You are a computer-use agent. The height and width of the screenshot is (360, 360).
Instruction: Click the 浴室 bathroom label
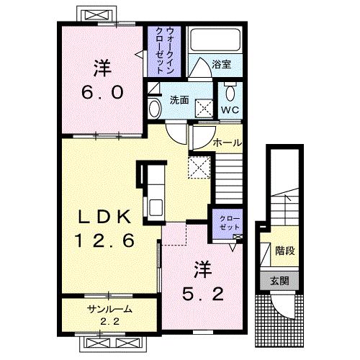pos(221,64)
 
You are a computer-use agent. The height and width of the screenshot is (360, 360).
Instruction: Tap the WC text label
pos(230,110)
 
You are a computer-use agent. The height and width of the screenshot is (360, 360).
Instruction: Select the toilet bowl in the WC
pos(230,93)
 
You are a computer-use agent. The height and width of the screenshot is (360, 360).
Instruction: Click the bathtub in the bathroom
pos(215,40)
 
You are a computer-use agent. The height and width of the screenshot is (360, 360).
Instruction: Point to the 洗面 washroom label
pos(179,100)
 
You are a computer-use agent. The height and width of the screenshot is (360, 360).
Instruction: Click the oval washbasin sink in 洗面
pos(155,109)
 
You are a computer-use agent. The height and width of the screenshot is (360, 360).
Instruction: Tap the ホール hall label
pos(227,143)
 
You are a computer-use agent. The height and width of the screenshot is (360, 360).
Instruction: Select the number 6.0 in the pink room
pos(102,92)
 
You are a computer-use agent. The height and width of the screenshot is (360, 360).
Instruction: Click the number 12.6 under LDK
pos(105,240)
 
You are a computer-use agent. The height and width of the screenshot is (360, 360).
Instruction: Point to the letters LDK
pos(105,217)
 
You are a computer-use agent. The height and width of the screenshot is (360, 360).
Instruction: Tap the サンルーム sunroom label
pos(109,310)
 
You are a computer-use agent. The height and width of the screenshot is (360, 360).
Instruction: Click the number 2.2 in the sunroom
pos(109,321)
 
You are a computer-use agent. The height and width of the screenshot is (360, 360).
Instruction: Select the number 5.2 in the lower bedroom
pos(203,294)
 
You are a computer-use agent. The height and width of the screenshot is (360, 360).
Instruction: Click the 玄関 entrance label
pos(279,281)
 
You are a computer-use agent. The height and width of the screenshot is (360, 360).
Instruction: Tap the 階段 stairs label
pos(285,251)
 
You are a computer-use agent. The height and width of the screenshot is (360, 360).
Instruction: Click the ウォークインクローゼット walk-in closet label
pos(164,50)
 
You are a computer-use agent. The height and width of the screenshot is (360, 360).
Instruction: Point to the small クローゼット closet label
pos(230,223)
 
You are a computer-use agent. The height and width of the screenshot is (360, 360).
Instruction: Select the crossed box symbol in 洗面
pos(204,108)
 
